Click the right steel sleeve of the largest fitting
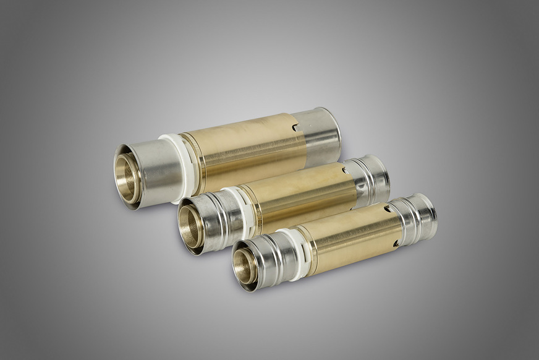(322, 136)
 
